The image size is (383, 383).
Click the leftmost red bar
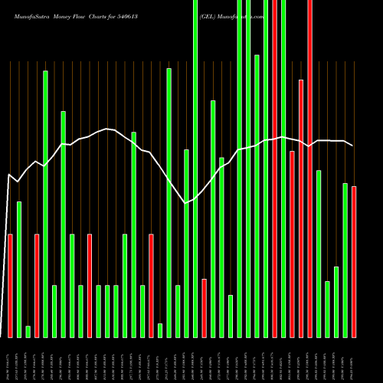[x=10, y=286]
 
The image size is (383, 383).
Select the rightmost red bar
[x=354, y=261]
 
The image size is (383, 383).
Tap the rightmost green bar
[x=345, y=260]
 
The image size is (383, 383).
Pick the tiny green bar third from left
[x=28, y=332]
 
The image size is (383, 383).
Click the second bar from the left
[x=19, y=269]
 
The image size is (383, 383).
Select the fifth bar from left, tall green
[x=45, y=204]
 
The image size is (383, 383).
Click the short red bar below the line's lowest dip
[x=204, y=308]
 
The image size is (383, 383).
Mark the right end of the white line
[x=353, y=146]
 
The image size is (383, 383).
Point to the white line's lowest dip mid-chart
[x=186, y=203]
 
